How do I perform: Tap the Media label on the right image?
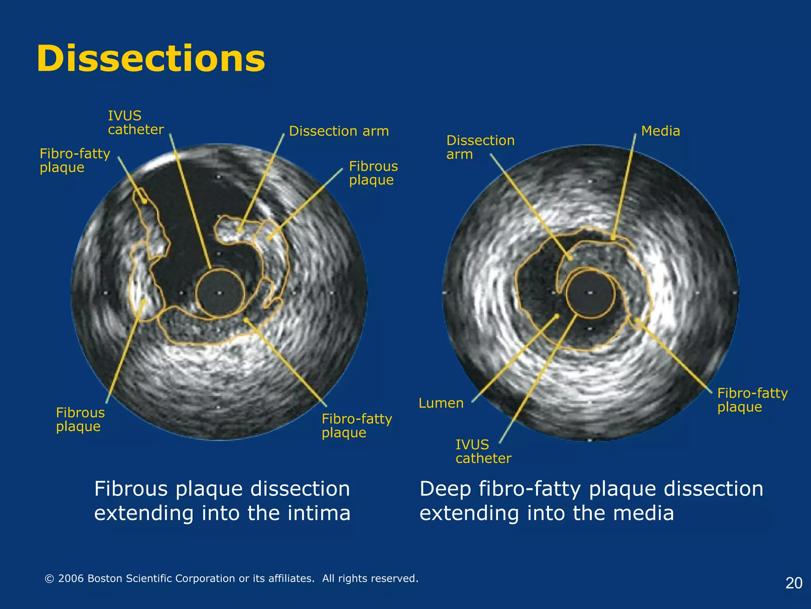[660, 131]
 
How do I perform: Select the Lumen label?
[441, 403]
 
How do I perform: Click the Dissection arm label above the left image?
[339, 131]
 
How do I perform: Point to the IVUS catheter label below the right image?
[483, 451]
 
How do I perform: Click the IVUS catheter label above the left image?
[135, 123]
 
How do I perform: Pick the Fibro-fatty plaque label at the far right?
[752, 400]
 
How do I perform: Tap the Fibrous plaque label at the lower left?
[80, 419]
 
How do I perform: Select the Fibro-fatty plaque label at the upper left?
[74, 160]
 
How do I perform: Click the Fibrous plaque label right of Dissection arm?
[373, 173]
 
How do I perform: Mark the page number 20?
[794, 583]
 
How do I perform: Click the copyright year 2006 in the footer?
[71, 578]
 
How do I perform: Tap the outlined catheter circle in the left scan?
[220, 293]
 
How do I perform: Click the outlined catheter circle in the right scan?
[590, 293]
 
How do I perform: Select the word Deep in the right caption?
[445, 489]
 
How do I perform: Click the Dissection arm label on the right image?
[480, 147]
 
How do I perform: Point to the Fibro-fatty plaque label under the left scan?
[356, 425]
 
